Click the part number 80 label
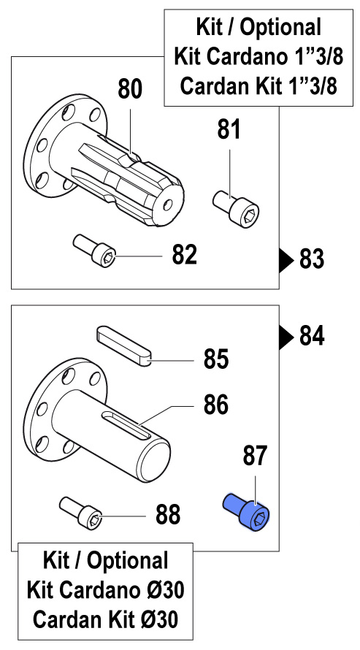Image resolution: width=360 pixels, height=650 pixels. click(130, 89)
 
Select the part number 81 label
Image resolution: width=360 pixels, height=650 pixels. click(229, 129)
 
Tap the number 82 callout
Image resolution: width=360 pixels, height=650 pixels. click(184, 255)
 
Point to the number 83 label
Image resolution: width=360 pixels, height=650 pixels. click(312, 260)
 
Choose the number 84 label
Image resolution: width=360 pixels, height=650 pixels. click(312, 336)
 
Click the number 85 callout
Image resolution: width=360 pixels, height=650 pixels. click(216, 359)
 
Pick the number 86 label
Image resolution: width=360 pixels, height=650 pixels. click(216, 405)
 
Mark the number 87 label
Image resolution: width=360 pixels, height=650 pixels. click(255, 456)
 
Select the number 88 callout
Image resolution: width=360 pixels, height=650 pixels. click(168, 514)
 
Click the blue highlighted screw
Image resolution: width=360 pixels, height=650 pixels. click(247, 512)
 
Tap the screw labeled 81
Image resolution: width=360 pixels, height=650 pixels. click(236, 209)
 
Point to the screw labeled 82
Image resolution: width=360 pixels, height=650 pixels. click(94, 251)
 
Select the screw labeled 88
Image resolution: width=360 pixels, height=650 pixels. click(81, 513)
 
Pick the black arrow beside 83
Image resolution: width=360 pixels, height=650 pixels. click(286, 261)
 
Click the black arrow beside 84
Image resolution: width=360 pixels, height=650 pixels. click(286, 337)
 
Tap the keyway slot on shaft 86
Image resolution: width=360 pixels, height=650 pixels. click(127, 425)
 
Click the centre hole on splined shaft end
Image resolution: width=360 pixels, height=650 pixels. click(168, 204)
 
